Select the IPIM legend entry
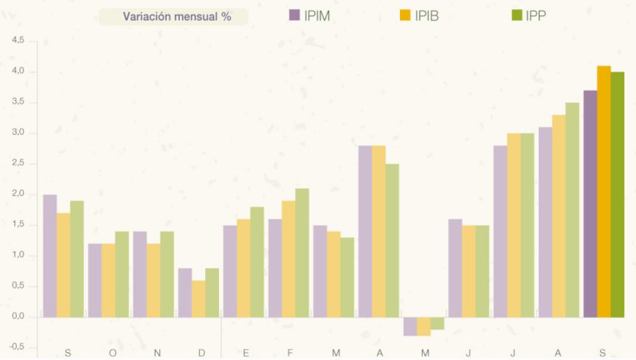point(309,15)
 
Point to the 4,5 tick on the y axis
point(18,41)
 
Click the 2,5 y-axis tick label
point(18,164)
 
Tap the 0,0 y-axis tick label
point(18,316)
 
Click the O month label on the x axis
point(112,353)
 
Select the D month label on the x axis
point(202,353)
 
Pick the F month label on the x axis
point(291,353)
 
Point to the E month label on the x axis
point(246,353)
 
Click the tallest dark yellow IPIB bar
point(604,192)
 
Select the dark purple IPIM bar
point(590,204)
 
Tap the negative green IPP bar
point(437,323)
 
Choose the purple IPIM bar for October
point(95,280)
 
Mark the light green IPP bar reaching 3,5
point(573,210)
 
